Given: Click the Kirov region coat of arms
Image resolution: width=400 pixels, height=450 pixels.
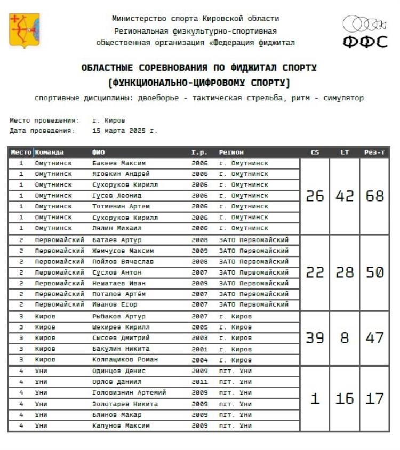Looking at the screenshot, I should point(25,30).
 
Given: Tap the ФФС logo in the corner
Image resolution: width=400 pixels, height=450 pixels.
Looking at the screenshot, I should point(365,33).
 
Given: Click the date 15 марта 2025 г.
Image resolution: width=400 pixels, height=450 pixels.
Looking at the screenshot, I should point(125,130).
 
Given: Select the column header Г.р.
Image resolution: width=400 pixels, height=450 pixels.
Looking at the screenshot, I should point(199,152).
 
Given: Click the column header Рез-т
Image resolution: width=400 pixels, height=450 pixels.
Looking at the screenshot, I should point(374,152).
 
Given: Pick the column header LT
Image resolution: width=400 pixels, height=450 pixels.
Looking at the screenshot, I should point(345,152).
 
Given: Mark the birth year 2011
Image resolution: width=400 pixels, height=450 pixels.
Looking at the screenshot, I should point(199,382).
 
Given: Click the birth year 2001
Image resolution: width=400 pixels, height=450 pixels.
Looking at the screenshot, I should point(199,349).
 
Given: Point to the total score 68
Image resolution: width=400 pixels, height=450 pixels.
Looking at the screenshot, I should point(374,196).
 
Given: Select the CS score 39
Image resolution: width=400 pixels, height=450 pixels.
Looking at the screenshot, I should point(315,337).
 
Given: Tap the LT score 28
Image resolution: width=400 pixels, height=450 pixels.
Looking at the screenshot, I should point(345,272).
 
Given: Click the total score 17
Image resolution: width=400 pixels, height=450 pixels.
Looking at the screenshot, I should point(374,398).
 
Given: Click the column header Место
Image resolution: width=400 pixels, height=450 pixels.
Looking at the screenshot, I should point(21,152).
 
